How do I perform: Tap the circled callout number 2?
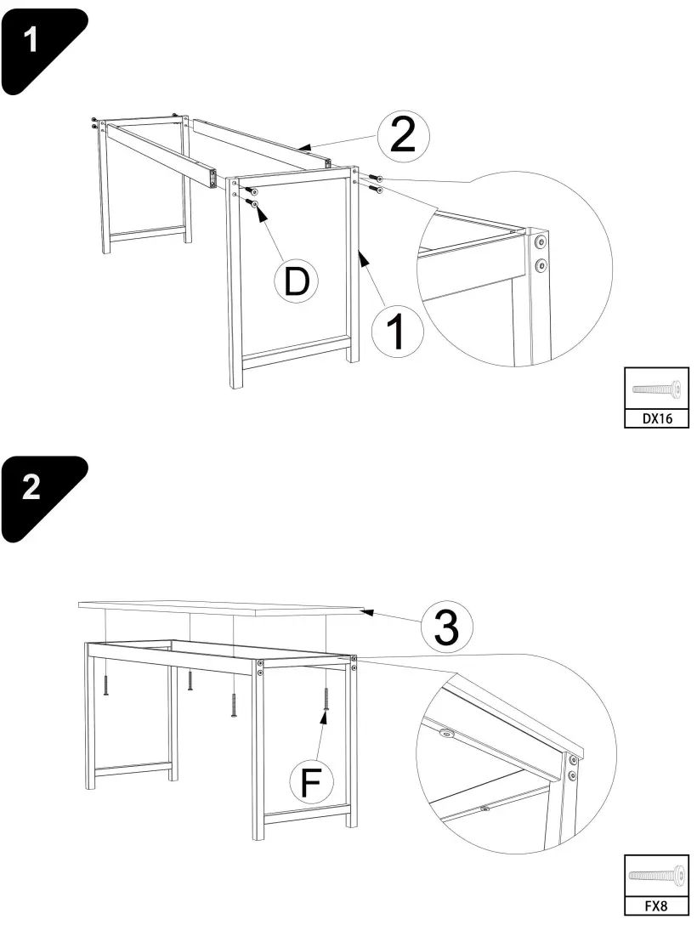point(402,137)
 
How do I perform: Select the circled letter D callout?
point(296,281)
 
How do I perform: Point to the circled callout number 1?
point(397,332)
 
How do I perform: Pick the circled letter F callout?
point(311,782)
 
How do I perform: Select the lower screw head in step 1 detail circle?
point(540,266)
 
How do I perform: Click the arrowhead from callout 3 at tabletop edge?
point(366,610)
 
